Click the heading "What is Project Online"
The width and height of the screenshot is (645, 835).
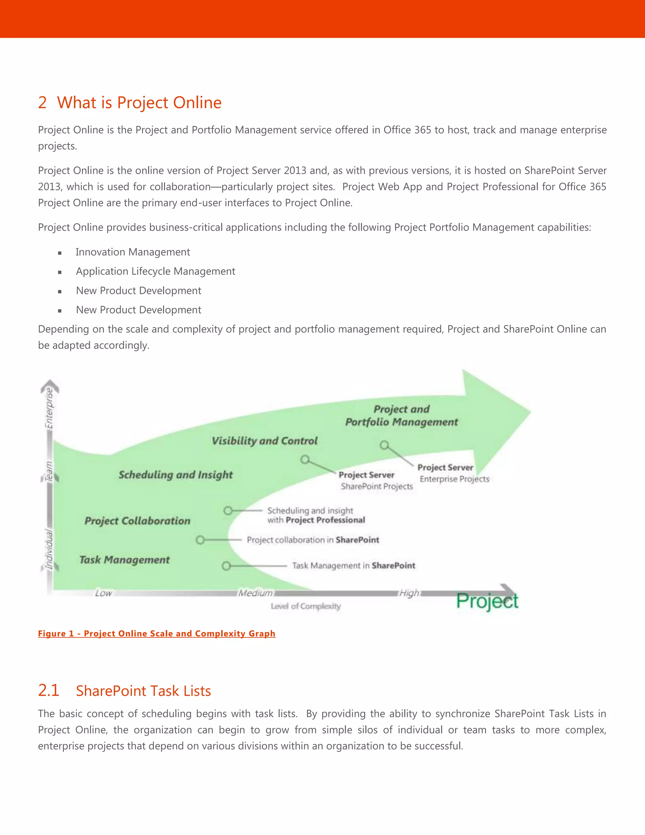139,102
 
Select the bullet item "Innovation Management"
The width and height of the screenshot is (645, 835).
133,252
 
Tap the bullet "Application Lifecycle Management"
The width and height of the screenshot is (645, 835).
156,271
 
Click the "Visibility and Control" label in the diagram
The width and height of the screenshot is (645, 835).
265,441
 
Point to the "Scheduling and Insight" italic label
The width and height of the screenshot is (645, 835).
175,475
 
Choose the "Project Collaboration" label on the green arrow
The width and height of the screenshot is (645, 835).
137,521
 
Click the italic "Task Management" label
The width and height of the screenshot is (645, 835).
124,560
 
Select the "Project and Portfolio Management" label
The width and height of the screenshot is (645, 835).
401,416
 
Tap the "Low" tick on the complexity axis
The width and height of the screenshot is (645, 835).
103,593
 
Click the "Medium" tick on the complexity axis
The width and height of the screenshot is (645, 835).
255,593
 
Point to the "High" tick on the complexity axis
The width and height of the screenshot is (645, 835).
409,593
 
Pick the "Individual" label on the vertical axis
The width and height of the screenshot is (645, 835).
49,549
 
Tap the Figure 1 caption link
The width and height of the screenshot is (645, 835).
157,634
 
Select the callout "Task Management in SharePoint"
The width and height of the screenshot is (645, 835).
353,566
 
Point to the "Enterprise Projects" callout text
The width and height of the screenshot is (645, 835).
454,479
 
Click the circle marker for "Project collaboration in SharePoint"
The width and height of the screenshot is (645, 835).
200,540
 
